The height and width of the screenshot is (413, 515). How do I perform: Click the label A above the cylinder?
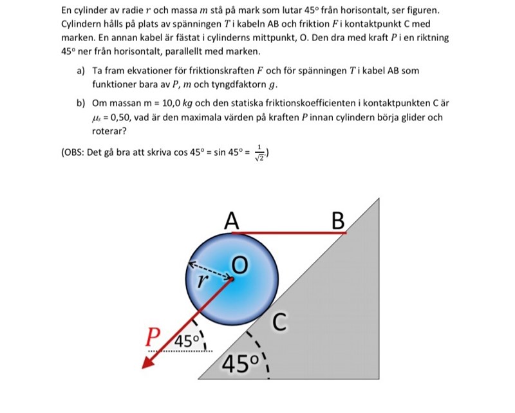point(232,221)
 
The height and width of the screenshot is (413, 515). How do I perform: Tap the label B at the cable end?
point(338,221)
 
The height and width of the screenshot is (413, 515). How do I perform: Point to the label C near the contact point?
point(278,321)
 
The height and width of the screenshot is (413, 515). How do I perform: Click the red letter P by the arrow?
point(153,336)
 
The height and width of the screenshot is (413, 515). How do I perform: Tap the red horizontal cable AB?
point(290,233)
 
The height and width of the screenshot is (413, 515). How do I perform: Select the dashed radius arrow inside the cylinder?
point(210,271)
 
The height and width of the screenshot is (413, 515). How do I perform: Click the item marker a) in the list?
point(80,71)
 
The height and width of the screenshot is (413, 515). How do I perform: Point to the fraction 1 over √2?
point(260,153)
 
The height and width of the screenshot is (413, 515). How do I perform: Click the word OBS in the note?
point(76,153)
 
